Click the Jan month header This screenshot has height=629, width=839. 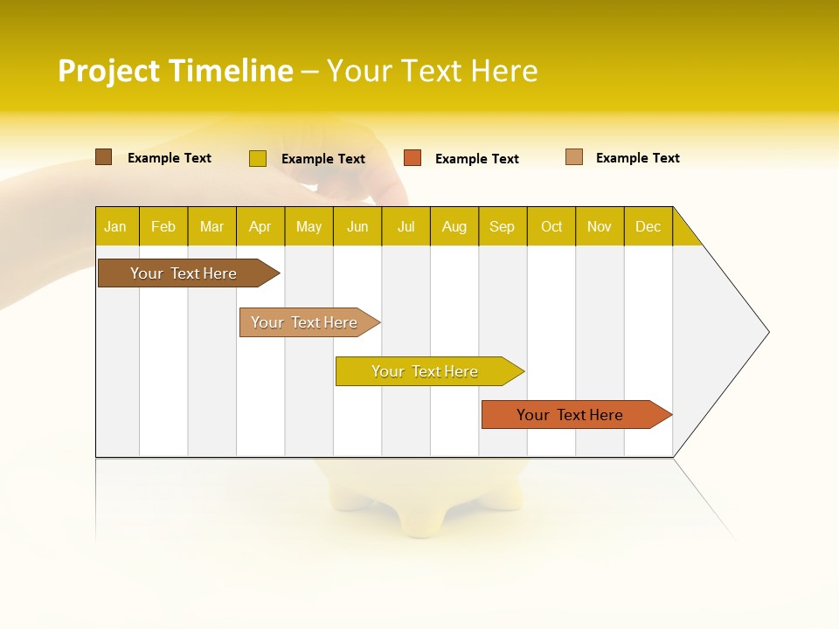[115, 227]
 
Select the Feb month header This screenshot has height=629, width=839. [163, 227]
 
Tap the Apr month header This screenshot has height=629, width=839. [260, 227]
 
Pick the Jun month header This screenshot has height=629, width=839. [357, 227]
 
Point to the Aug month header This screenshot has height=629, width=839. [454, 227]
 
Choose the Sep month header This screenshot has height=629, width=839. [503, 227]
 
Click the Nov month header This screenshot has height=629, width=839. [600, 227]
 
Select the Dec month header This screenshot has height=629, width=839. [648, 227]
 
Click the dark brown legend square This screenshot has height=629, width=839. [104, 157]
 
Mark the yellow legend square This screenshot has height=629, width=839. [258, 158]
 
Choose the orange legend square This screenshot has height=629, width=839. [413, 158]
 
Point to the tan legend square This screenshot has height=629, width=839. [574, 157]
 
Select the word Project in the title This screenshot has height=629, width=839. [109, 71]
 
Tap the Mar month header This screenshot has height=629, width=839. [211, 227]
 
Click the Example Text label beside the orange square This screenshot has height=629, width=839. [477, 159]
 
